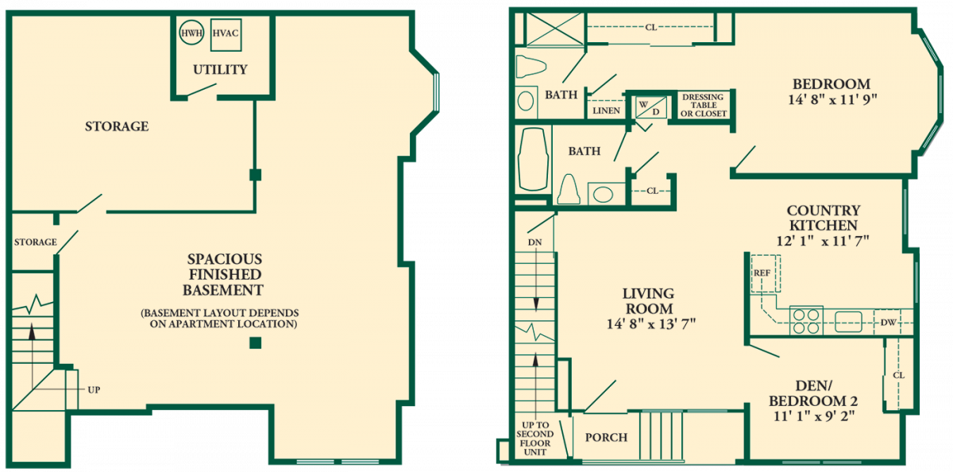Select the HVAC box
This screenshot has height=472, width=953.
226,35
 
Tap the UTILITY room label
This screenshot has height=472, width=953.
220,69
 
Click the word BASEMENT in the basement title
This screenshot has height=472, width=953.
223,290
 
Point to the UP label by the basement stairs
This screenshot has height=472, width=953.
94,390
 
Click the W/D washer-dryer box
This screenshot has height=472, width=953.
651,108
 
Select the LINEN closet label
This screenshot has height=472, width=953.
606,110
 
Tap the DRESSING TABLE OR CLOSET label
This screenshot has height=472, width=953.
704,105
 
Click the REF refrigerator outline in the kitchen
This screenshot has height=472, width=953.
766,273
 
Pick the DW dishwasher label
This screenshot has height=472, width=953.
889,323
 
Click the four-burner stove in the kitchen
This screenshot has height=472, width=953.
806,320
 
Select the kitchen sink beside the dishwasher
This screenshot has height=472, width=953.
848,321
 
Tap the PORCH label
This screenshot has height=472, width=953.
606,438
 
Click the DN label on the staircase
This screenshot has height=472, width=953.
534,242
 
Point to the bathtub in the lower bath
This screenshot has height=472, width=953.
533,159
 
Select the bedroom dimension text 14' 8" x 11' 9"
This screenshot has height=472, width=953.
832,99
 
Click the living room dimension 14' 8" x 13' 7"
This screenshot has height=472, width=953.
651,324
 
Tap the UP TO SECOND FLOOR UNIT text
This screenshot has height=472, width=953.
534,439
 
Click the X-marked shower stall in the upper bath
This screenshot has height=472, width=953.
556,29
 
